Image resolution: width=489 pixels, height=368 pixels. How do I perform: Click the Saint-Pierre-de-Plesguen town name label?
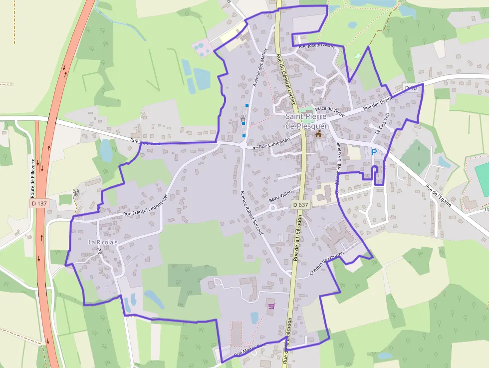coord(307,121)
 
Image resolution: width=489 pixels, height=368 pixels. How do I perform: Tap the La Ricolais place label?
coord(103,242)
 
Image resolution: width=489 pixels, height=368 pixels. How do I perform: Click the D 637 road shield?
coord(300,205)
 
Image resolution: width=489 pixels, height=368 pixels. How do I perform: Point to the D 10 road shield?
coord(411,88)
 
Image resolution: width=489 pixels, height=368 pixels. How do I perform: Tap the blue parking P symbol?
coord(374,152)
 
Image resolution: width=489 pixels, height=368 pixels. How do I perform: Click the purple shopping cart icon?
coord(271,305)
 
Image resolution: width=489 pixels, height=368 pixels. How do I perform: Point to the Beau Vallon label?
coord(279,198)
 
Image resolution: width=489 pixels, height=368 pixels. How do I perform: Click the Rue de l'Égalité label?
coord(439,196)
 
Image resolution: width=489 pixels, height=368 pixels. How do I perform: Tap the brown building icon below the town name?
coord(318,134)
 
